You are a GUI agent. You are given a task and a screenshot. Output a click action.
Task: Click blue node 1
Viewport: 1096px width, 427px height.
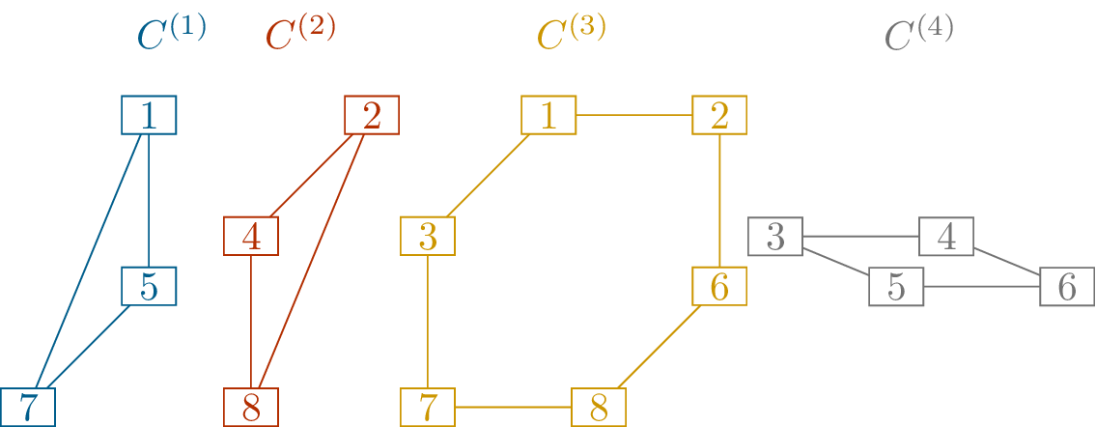149,116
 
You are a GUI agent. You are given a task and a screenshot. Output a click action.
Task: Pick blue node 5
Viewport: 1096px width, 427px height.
149,286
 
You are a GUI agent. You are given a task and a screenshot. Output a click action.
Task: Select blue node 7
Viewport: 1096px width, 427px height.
28,407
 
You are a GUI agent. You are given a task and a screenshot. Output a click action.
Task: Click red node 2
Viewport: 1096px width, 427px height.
372,116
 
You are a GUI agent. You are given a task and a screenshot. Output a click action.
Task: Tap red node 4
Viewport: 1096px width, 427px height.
251,237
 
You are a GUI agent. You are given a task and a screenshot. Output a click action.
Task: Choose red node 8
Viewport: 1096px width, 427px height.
251,407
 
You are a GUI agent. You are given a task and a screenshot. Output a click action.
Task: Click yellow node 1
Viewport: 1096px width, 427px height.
548,116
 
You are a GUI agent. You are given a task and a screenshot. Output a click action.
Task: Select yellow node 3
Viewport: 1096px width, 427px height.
428,237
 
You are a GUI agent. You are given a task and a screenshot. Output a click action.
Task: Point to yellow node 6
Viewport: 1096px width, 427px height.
719,286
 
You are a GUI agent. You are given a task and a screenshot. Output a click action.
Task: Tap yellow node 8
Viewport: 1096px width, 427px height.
599,407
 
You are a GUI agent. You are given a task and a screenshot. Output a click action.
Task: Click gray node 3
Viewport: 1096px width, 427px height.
775,237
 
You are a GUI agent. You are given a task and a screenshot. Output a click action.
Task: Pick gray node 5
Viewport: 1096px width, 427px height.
896,286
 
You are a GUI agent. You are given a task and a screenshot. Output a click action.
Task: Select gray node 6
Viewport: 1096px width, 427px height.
1067,286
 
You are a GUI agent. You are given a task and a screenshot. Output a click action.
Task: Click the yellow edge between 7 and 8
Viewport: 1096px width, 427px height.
513,407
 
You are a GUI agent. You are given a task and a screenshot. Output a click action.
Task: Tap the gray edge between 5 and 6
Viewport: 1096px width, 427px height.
981,286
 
